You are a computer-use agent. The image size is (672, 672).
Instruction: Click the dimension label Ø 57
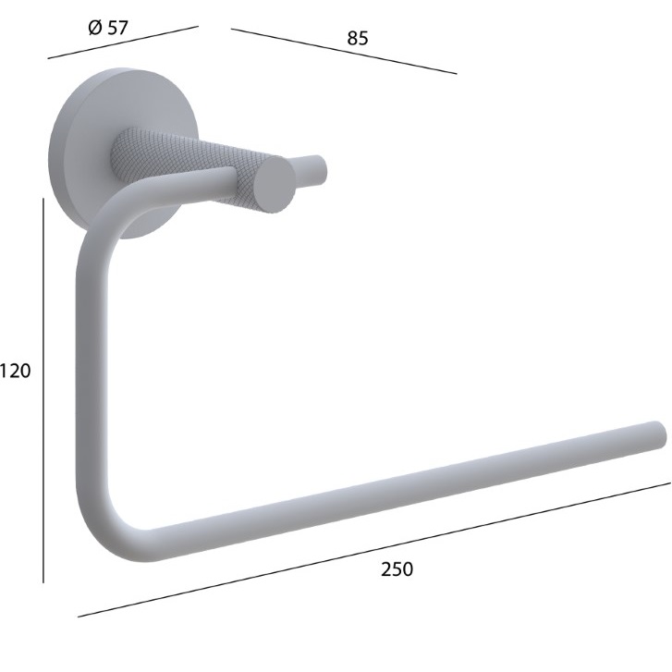pyautogui.click(x=108, y=28)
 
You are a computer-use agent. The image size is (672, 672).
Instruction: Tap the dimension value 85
pyautogui.click(x=358, y=38)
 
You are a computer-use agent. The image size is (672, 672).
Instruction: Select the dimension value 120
pyautogui.click(x=16, y=371)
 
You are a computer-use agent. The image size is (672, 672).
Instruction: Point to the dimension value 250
pyautogui.click(x=397, y=569)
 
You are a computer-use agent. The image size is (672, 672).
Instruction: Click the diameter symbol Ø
pyautogui.click(x=95, y=29)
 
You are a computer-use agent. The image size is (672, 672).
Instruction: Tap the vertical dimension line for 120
pyautogui.click(x=43, y=390)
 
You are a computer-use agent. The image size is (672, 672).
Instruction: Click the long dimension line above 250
pyautogui.click(x=374, y=550)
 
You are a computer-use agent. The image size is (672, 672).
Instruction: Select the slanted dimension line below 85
pyautogui.click(x=344, y=51)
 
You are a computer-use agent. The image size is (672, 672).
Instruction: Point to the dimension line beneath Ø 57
pyautogui.click(x=123, y=42)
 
